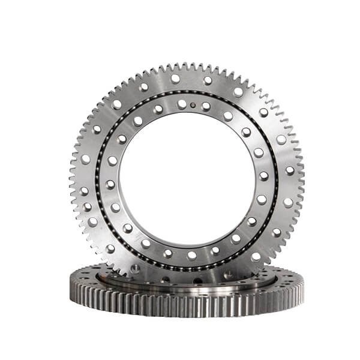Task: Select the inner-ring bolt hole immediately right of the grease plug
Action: [206, 107]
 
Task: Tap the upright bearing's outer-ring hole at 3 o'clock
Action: [290, 170]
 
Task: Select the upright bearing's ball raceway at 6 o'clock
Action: [189, 268]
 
